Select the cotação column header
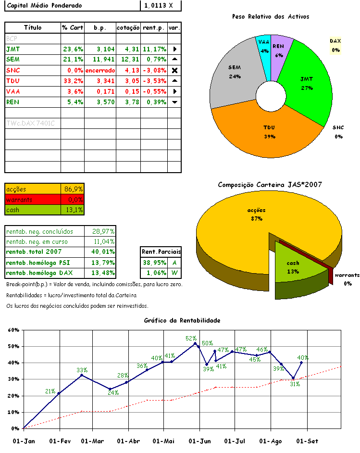128,28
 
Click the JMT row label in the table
13,49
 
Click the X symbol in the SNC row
175,70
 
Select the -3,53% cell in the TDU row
154,81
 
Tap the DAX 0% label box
335,45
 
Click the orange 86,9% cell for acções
73,189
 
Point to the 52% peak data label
192,339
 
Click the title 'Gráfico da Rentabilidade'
182,320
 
